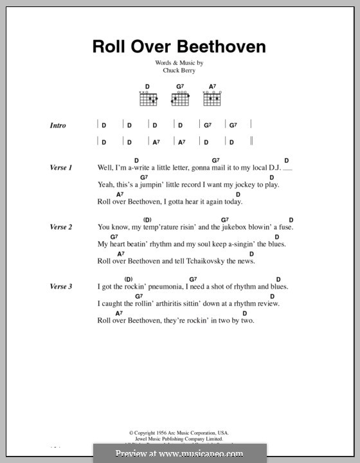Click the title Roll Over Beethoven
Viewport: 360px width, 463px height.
[x=179, y=46]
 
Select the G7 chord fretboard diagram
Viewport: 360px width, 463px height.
[x=179, y=98]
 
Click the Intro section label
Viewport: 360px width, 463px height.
[x=58, y=125]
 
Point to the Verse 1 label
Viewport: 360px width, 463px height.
[x=60, y=167]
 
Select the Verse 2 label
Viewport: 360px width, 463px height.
[x=60, y=227]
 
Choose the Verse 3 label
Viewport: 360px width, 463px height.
[x=60, y=286]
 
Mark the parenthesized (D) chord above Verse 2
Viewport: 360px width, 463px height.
[x=147, y=219]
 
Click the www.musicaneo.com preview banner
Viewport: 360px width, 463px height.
[x=180, y=453]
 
